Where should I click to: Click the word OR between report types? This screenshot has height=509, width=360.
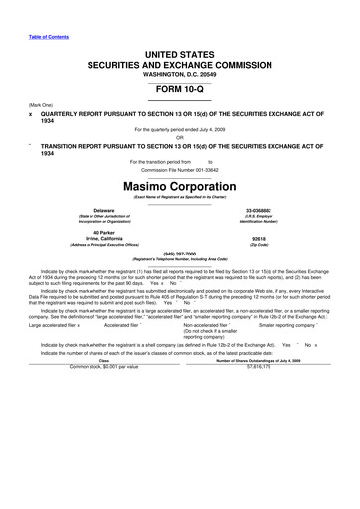tap(180, 136)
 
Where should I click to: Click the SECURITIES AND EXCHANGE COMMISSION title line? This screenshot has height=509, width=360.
tap(180, 60)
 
